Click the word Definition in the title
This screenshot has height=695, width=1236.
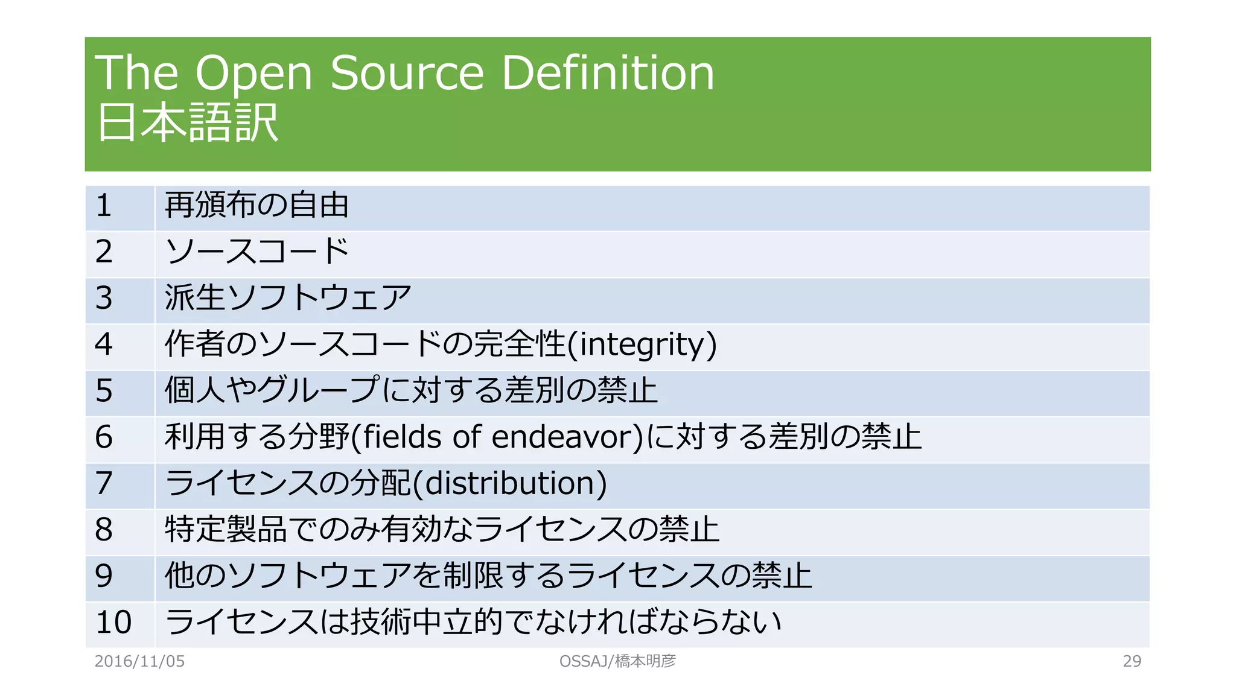(608, 73)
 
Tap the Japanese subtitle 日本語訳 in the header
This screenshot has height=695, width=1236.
(187, 123)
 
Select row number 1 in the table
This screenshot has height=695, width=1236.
(104, 206)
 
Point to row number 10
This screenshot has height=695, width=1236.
(113, 622)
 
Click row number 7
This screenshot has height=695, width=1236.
(104, 483)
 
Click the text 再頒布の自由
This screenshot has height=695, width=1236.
(257, 205)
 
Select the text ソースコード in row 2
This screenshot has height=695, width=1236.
(257, 252)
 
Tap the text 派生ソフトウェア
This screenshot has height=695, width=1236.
(288, 298)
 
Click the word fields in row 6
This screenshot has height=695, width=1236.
(404, 437)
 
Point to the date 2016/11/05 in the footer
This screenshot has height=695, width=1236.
(140, 661)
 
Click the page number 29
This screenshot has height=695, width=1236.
(1132, 661)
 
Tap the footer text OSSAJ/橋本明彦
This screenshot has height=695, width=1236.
(617, 661)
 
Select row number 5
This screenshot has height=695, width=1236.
(104, 390)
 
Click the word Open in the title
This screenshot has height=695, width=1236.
(253, 74)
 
